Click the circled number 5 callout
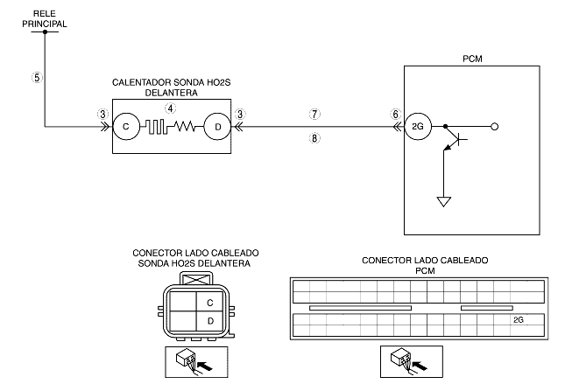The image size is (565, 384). point(37,77)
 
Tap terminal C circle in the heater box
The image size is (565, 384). point(126,127)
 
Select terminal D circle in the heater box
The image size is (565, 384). point(217,127)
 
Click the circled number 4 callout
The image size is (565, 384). point(171,108)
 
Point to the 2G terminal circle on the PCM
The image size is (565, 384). point(418,127)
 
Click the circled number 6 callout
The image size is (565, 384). point(396,114)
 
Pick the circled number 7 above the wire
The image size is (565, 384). point(314,114)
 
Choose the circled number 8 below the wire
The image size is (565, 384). point(314,138)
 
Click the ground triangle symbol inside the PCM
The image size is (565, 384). point(444,201)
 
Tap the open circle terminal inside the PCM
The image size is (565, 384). point(495,127)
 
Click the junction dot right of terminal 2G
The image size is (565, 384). point(445,127)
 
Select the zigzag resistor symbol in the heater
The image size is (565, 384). point(184,126)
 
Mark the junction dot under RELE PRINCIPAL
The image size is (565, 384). point(45,31)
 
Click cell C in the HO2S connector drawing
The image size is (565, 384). point(210,303)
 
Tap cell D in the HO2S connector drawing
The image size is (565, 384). point(210,321)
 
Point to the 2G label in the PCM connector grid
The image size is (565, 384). point(519,319)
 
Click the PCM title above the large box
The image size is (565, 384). point(472,59)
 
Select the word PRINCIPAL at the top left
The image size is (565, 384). point(45,24)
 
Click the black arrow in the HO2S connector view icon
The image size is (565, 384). point(205,367)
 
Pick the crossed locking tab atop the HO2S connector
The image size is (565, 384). point(196,279)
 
